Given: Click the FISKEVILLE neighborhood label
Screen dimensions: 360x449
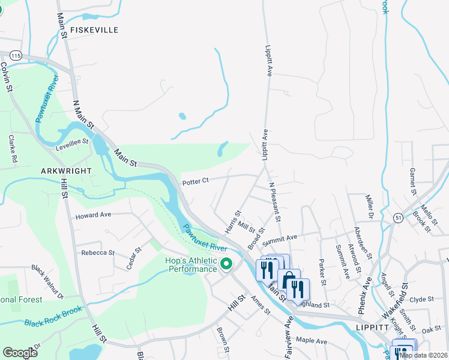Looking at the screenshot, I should click(x=94, y=29).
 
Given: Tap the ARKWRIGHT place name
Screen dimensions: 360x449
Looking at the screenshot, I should click(x=67, y=171).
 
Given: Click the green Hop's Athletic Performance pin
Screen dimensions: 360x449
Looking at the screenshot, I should click(x=226, y=264).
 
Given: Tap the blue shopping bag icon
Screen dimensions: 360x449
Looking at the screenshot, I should click(x=289, y=280).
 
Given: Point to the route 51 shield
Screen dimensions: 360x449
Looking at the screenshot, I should click(x=398, y=217).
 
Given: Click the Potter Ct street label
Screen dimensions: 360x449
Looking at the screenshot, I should click(x=196, y=180).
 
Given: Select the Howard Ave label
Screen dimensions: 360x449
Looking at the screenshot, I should click(x=93, y=215).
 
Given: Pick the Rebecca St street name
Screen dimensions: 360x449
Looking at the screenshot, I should click(x=98, y=253).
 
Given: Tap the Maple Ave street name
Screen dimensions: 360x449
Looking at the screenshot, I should click(x=312, y=341).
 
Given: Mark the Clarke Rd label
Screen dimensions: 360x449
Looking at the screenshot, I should click(x=12, y=149).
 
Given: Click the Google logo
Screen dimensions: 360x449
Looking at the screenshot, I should click(x=20, y=353).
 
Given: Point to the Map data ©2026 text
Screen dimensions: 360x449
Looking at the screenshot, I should click(x=423, y=355).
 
